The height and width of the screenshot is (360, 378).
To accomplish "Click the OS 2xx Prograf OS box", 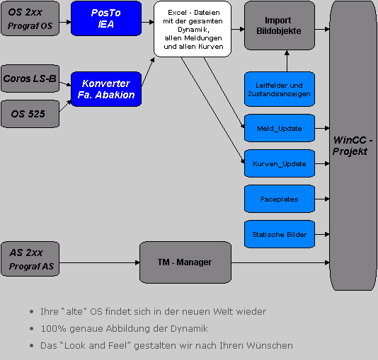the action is [x=30, y=18].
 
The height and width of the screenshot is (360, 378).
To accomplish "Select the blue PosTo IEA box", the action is [x=106, y=18].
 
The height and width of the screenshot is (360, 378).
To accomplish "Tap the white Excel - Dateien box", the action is [x=193, y=29].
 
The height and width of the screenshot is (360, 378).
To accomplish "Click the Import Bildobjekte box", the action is [x=280, y=25].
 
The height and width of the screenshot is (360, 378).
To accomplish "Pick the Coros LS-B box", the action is [x=30, y=79].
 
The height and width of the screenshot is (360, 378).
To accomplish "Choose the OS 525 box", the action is [x=30, y=114].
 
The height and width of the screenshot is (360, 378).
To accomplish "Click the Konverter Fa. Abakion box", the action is [x=106, y=89].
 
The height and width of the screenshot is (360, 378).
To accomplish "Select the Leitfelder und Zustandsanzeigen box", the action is [x=280, y=89].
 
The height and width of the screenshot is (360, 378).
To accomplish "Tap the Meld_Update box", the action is [x=280, y=128].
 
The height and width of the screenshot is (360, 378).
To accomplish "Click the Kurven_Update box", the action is [x=280, y=163].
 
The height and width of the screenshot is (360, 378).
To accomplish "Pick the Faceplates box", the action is [x=280, y=199].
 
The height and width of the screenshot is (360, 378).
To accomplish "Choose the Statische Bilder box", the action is [x=280, y=234].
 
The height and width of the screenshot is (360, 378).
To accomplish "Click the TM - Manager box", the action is [x=185, y=262].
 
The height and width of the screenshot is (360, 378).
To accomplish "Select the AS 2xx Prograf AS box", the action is [x=30, y=259].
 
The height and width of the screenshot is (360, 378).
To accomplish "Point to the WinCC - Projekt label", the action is [x=353, y=146].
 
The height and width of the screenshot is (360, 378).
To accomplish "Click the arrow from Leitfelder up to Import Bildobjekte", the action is [x=287, y=61].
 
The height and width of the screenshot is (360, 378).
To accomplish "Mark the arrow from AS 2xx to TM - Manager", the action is [x=100, y=262].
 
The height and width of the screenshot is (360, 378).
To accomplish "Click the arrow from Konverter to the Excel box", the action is [x=148, y=71].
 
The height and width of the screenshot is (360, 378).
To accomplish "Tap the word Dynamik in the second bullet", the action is [x=189, y=329].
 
